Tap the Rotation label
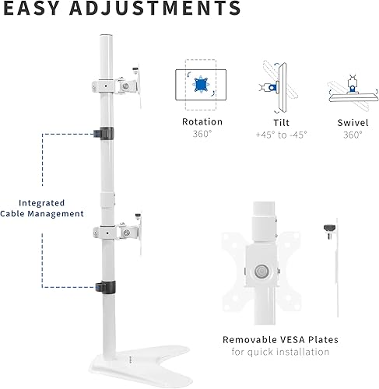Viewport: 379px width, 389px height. point(202,122)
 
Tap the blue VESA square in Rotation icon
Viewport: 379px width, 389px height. point(202,84)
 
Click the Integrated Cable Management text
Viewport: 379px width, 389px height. point(52,208)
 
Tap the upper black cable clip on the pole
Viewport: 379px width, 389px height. point(103,133)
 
